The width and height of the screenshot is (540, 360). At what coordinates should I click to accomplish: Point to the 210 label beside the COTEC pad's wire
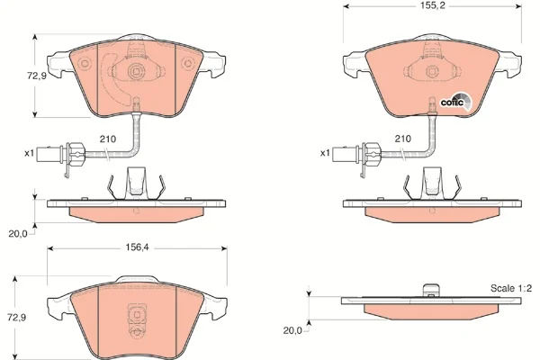pos(402,139)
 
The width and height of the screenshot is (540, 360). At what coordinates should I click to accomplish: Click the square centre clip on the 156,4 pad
pos(135,316)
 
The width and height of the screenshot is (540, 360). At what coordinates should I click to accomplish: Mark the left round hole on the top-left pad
pos(83,64)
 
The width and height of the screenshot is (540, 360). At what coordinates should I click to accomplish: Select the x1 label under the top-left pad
pos(29,153)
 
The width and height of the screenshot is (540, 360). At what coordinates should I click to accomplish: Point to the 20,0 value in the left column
pos(17,233)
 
